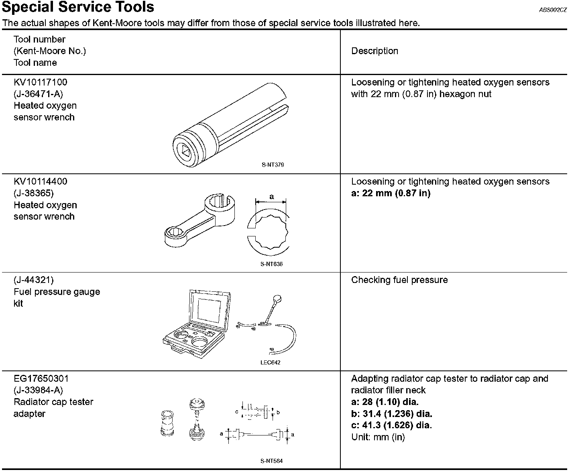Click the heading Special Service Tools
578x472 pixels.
click(x=78, y=7)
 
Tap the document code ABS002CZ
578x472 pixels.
click(x=553, y=10)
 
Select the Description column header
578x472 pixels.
click(x=374, y=51)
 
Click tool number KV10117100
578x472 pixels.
click(x=41, y=82)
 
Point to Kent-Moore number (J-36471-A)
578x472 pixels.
click(x=39, y=94)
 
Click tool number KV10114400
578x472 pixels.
click(x=41, y=181)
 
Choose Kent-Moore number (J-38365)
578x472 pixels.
click(x=33, y=193)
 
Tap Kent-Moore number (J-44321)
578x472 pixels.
click(x=33, y=280)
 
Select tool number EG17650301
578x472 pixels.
click(x=41, y=378)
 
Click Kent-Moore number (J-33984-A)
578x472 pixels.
click(x=39, y=390)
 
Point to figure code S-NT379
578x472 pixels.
click(x=273, y=165)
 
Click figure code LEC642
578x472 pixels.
click(x=270, y=362)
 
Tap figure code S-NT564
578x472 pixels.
click(x=271, y=461)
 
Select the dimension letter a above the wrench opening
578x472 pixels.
click(x=272, y=197)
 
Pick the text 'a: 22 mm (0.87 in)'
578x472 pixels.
click(x=391, y=193)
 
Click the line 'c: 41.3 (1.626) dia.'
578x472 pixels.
click(x=391, y=425)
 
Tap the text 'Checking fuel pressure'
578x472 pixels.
click(x=399, y=280)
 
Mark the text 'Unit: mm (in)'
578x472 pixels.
click(x=378, y=437)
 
